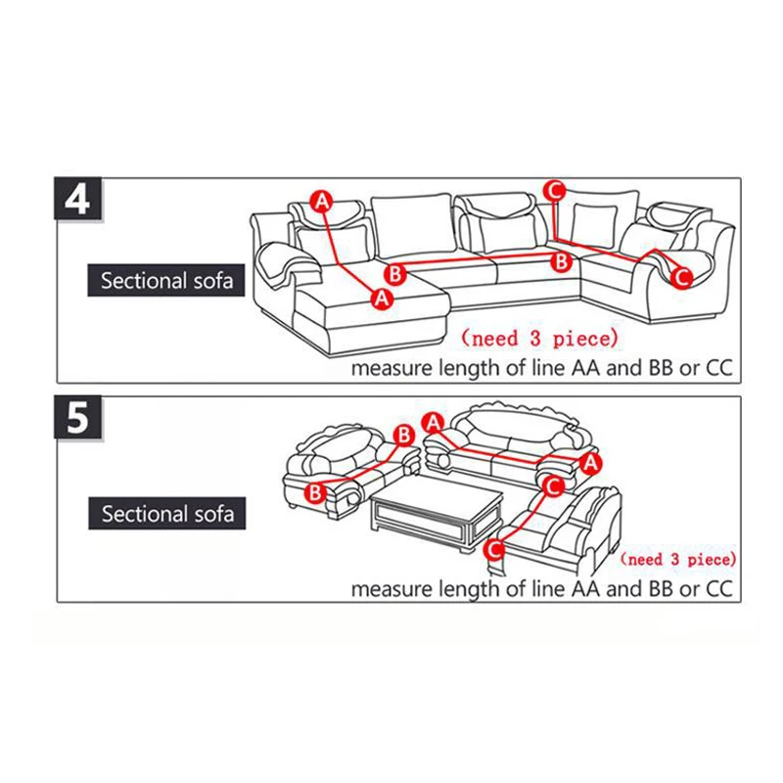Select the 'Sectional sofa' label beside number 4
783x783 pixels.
point(167,281)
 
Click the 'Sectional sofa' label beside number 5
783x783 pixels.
point(167,513)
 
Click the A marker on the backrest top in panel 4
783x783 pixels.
point(321,201)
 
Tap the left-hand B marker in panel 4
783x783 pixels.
point(394,271)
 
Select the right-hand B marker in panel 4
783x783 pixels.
point(562,261)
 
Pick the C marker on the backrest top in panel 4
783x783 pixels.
point(555,190)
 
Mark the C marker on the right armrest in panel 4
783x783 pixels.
point(683,277)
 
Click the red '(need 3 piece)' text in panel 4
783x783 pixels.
point(540,340)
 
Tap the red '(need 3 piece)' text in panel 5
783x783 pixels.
point(677,560)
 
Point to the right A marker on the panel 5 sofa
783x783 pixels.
point(590,461)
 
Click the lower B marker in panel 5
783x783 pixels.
point(315,493)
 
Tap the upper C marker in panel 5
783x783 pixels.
point(552,484)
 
